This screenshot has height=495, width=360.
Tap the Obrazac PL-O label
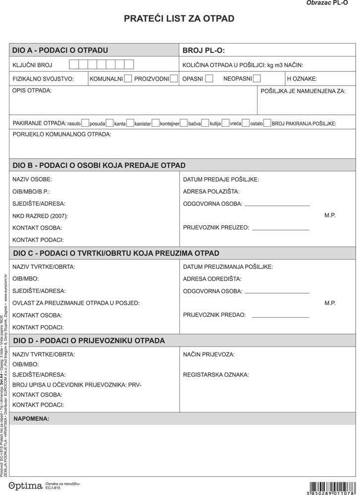[x=330, y=3]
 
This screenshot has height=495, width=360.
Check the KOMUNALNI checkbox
[x=128, y=78]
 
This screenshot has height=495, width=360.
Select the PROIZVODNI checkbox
[x=173, y=78]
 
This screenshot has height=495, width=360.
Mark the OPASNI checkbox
[x=209, y=78]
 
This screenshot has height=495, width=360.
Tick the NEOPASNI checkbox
[x=257, y=78]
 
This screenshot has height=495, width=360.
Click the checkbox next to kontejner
[x=183, y=123]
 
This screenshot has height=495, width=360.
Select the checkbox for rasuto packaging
[x=85, y=123]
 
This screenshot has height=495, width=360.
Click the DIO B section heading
[x=99, y=165]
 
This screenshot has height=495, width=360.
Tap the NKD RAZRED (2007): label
[x=40, y=216]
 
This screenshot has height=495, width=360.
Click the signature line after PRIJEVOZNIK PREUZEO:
[x=280, y=229]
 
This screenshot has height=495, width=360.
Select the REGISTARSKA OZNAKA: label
[x=216, y=375]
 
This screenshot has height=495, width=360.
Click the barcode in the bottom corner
[x=331, y=486]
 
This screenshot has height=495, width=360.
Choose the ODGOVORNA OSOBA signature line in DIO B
[x=277, y=204]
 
